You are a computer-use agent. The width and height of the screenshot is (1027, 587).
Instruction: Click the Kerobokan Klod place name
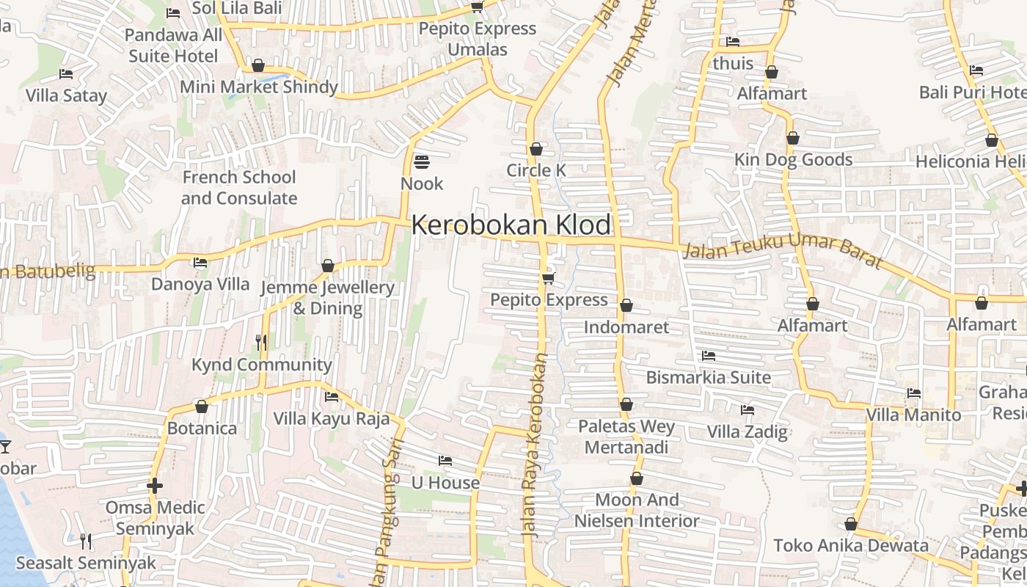click(511, 225)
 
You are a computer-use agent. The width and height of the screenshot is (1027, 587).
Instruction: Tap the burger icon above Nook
click(422, 161)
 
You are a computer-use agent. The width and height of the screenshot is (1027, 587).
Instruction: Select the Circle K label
click(536, 170)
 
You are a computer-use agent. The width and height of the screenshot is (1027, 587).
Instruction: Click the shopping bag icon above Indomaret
click(626, 305)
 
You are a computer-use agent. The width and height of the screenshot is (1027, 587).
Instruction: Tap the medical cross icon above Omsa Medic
click(154, 486)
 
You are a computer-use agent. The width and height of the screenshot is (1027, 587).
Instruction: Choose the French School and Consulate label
click(239, 188)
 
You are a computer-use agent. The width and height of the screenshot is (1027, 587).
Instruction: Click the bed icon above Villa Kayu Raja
click(332, 397)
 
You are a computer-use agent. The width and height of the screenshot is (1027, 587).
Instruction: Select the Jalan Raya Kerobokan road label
click(536, 448)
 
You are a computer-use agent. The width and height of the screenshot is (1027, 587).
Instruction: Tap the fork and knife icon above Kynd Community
click(260, 342)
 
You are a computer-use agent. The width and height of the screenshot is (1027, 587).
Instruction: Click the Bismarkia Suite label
click(708, 378)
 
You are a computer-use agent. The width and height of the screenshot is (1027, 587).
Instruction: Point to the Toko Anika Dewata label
click(851, 545)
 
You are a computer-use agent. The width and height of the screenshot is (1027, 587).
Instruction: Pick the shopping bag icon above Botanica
click(202, 406)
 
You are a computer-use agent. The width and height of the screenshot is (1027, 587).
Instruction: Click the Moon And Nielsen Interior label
click(637, 510)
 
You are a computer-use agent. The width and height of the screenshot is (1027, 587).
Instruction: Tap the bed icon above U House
click(445, 461)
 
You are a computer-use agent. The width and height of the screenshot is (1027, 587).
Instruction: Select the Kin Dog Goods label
click(794, 159)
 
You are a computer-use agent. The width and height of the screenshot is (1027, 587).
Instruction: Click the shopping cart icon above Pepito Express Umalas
click(477, 7)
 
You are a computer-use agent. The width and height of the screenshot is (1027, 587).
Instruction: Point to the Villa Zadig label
click(747, 431)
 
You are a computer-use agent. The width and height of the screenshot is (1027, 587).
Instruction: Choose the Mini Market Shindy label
click(259, 87)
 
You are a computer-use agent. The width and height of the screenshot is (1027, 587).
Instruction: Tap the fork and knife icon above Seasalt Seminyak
click(86, 542)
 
